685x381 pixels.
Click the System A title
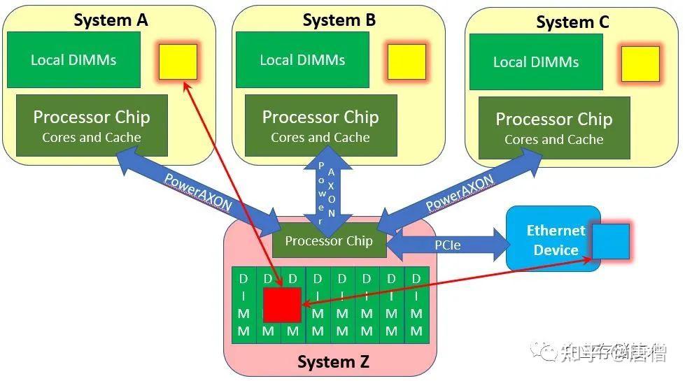(x=111, y=20)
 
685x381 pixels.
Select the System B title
(x=339, y=20)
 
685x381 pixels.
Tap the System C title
(x=572, y=22)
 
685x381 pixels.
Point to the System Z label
(x=332, y=362)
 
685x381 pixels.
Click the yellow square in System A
(x=178, y=62)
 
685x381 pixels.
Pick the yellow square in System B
(x=407, y=62)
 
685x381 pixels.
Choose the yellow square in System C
(x=640, y=64)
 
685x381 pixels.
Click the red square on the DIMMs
(x=282, y=305)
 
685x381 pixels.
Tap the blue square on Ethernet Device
(x=610, y=241)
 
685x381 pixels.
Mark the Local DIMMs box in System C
(x=535, y=62)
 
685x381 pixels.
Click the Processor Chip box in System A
(x=92, y=125)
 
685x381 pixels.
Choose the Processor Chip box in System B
(x=320, y=125)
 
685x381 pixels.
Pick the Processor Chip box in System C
(x=554, y=127)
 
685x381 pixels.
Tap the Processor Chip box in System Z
(x=329, y=241)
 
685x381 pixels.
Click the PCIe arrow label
(x=447, y=245)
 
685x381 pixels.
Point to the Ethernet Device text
(x=556, y=240)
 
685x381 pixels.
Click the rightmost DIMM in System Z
(x=416, y=305)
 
